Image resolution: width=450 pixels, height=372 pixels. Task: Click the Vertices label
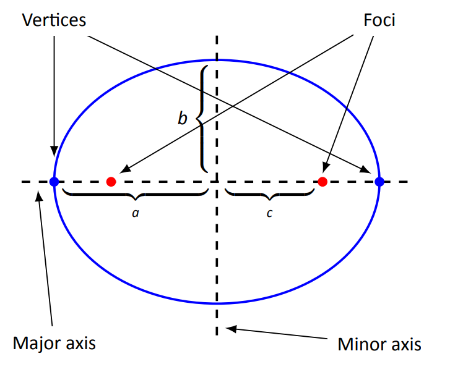(x=54, y=20)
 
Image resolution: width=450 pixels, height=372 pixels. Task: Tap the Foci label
(x=379, y=20)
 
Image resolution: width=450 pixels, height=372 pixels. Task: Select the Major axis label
(x=54, y=342)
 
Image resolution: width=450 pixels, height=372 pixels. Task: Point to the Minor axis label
(x=379, y=344)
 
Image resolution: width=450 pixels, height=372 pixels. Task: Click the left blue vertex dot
(x=54, y=182)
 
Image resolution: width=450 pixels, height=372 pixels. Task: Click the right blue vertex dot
(x=379, y=182)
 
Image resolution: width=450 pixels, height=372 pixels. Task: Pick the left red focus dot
(x=111, y=182)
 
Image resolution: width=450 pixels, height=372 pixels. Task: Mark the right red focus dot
(x=322, y=182)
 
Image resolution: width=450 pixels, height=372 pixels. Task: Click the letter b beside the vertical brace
(x=183, y=118)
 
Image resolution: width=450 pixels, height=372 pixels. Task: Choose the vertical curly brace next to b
(x=202, y=117)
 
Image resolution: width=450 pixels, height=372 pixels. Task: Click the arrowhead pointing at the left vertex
(x=54, y=151)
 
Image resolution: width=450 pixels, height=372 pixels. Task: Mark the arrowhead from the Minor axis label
(x=230, y=328)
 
